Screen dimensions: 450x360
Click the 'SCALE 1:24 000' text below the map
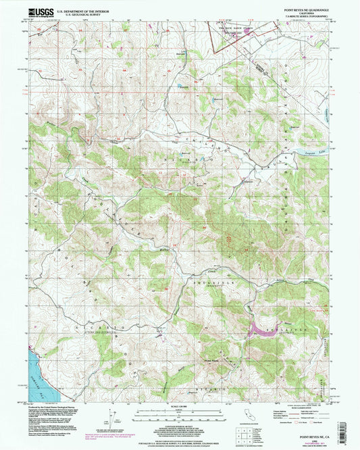tap(180, 406)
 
